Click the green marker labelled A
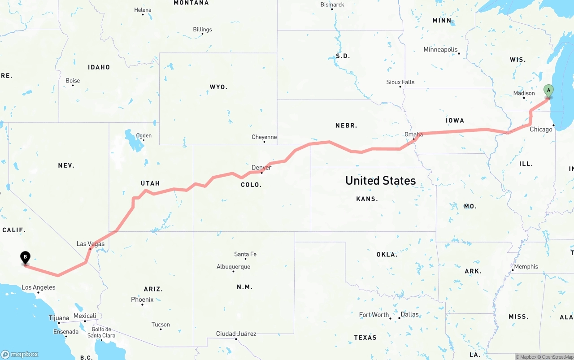pyautogui.click(x=548, y=91)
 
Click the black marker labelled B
pyautogui.click(x=26, y=258)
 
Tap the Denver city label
pyautogui.click(x=261, y=168)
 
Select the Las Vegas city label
pyautogui.click(x=91, y=244)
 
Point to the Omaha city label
pyautogui.click(x=413, y=134)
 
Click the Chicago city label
pyautogui.click(x=541, y=130)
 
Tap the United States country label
pyautogui.click(x=380, y=180)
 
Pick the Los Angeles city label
pyautogui.click(x=39, y=287)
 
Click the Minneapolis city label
pyautogui.click(x=440, y=50)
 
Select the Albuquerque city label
pyautogui.click(x=233, y=267)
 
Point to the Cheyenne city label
pyautogui.click(x=264, y=137)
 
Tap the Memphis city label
pyautogui.click(x=526, y=266)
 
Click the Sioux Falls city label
pyautogui.click(x=400, y=82)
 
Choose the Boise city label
pyautogui.click(x=73, y=81)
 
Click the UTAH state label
pyautogui.click(x=150, y=183)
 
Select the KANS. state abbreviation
pyautogui.click(x=367, y=199)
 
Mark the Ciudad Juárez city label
pyautogui.click(x=236, y=334)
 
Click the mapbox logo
pyautogui.click(x=20, y=354)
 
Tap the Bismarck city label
pyautogui.click(x=332, y=4)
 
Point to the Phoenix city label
pyautogui.click(x=142, y=299)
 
